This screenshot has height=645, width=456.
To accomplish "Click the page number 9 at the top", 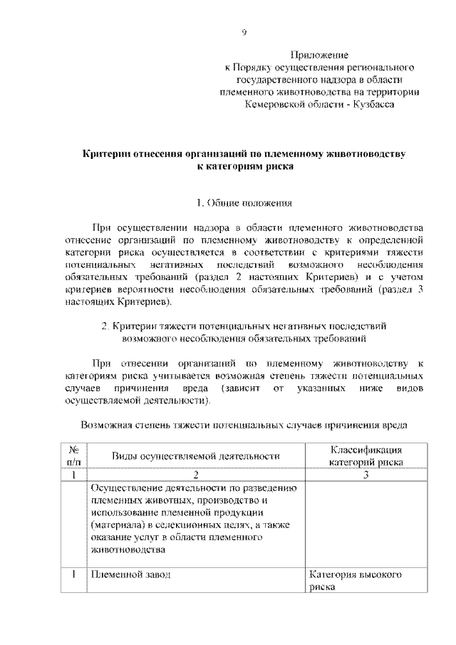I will tap(244, 32).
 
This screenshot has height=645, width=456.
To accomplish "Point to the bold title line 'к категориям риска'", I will tap(244, 167).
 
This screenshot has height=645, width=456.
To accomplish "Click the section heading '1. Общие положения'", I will tap(244, 203).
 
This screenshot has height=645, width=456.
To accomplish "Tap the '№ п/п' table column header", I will tap(74, 456).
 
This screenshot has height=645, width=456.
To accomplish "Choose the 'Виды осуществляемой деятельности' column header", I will tap(195, 456).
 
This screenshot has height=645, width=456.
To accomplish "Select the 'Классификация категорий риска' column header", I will tap(366, 456).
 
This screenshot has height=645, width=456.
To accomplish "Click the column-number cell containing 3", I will tap(366, 475).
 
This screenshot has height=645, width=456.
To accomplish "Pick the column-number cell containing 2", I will tap(195, 475).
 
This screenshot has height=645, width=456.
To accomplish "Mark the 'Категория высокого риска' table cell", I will tap(356, 580).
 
